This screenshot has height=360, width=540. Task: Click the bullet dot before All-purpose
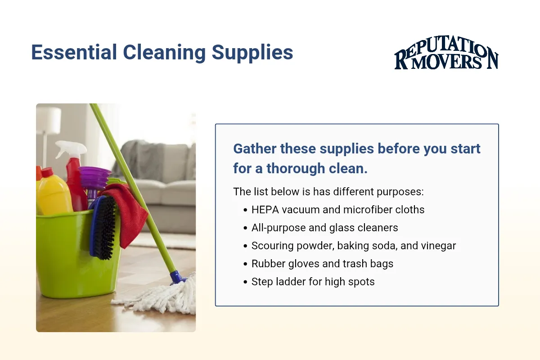[245, 228]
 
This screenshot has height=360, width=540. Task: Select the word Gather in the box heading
[255, 148]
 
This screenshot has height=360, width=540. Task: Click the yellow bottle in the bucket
[53, 191]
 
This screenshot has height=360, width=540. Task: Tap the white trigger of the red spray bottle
[70, 149]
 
